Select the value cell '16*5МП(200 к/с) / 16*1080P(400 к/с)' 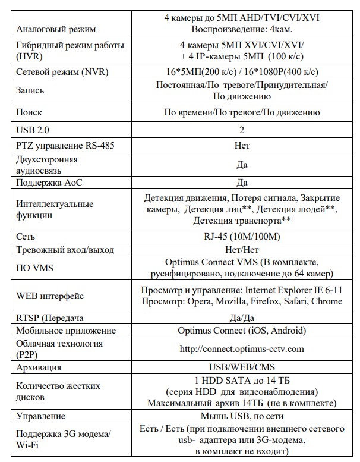coord(242,71)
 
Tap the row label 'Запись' coord(30,90)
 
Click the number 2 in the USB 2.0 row coord(242,130)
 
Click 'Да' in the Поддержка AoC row coord(242,183)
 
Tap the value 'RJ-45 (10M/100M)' coord(242,236)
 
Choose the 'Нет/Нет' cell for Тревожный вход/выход coord(242,250)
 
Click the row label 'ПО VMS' coord(35,268)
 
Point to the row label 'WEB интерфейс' coord(50,296)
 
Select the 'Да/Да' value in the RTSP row coord(242,318)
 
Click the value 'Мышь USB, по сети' coord(242,416)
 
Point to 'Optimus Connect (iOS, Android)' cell coord(242,331)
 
